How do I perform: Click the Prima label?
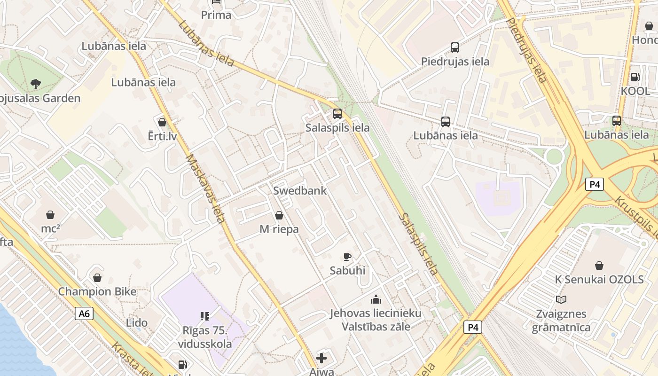pos(216,15)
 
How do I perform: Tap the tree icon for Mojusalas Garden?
pos(35,84)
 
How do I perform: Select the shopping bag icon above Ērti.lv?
pos(162,122)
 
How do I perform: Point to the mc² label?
pos(50,229)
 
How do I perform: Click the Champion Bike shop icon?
pos(97,278)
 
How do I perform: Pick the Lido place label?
pos(137,323)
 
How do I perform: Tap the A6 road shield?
pos(84,313)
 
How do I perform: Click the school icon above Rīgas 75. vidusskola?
pos(204,316)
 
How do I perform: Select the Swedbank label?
pos(300,191)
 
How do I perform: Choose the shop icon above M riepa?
pos(279,215)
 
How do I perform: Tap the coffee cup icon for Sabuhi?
pos(347,257)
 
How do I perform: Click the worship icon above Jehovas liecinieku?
pos(376,299)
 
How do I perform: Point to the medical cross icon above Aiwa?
pos(321,359)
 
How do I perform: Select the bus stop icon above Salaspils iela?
pos(337,113)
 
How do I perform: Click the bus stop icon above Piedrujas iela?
pos(455,47)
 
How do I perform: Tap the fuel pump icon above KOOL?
pos(635,77)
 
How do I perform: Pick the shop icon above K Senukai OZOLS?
pos(599,266)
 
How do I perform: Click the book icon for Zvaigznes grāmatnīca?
pos(561,299)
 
